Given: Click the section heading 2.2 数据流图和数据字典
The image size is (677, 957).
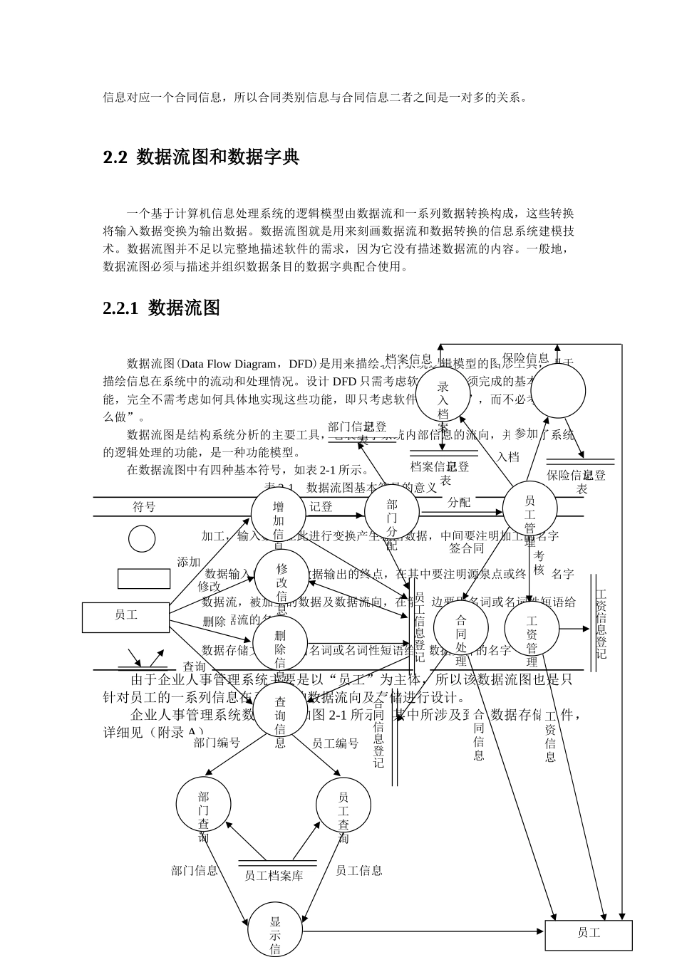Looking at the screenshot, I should (201, 157).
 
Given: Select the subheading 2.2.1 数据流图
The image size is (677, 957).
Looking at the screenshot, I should (161, 308).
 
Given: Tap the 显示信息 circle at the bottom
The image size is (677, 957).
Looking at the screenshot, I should (275, 930).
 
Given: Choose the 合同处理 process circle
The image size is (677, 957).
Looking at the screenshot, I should (461, 628).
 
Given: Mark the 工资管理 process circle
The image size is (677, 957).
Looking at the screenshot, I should (532, 628).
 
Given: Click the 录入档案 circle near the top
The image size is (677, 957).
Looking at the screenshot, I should (443, 394).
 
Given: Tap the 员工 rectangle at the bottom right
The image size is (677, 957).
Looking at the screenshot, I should (588, 934).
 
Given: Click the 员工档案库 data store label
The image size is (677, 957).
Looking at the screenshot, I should (274, 876).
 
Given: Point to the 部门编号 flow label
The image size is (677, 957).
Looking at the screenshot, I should (217, 743).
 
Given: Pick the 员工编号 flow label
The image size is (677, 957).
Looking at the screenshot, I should (335, 743).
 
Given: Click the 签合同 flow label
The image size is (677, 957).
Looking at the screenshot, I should (467, 548).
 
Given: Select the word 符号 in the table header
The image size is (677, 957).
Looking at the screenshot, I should (144, 507).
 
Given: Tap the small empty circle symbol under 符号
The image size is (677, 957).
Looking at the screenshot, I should (142, 539).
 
